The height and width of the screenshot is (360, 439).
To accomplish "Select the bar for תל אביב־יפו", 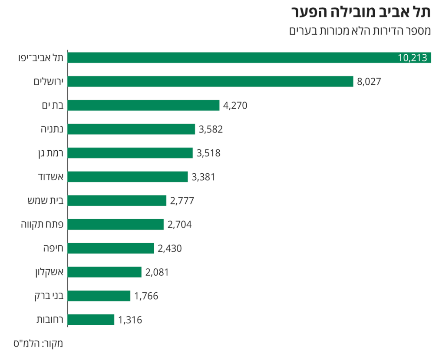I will pyautogui.click(x=230, y=58).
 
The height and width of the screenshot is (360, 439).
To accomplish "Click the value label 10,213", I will pyautogui.click(x=413, y=58).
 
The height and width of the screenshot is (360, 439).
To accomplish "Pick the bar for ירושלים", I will pyautogui.click(x=211, y=82).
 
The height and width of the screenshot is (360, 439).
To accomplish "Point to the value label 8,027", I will pyautogui.click(x=369, y=82).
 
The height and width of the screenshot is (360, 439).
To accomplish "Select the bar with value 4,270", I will pyautogui.click(x=144, y=106).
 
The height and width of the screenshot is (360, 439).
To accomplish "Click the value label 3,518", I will pyautogui.click(x=208, y=153).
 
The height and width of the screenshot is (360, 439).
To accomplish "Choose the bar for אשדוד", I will pyautogui.click(x=128, y=177).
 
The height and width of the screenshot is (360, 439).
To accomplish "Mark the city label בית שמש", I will pyautogui.click(x=45, y=201).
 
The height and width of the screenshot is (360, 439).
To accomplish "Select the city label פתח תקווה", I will pyautogui.click(x=43, y=225).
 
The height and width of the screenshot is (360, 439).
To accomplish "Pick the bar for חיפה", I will pyautogui.click(x=111, y=248).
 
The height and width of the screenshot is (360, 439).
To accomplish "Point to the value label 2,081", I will pyautogui.click(x=157, y=272).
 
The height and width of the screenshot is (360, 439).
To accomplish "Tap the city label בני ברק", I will pyautogui.click(x=49, y=296).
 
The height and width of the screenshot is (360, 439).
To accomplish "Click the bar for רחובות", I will pyautogui.click(x=91, y=320).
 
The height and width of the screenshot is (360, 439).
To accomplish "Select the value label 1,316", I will pyautogui.click(x=130, y=320).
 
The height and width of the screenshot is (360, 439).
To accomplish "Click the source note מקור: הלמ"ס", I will pyautogui.click(x=42, y=343).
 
